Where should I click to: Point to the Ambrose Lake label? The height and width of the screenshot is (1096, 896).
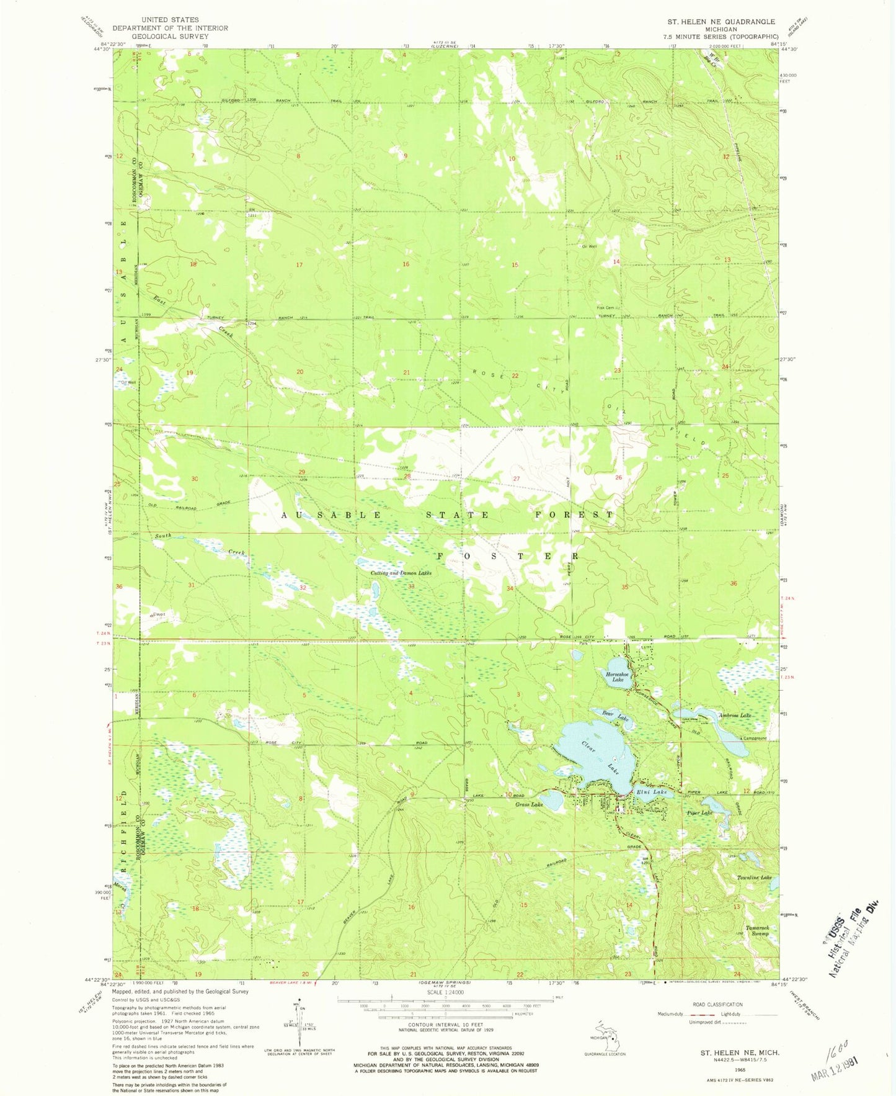735,716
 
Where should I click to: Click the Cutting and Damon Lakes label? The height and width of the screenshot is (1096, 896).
401,573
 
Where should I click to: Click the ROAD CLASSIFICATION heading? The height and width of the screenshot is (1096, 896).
717,1004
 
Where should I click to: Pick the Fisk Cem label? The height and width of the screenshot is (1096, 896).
605,308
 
